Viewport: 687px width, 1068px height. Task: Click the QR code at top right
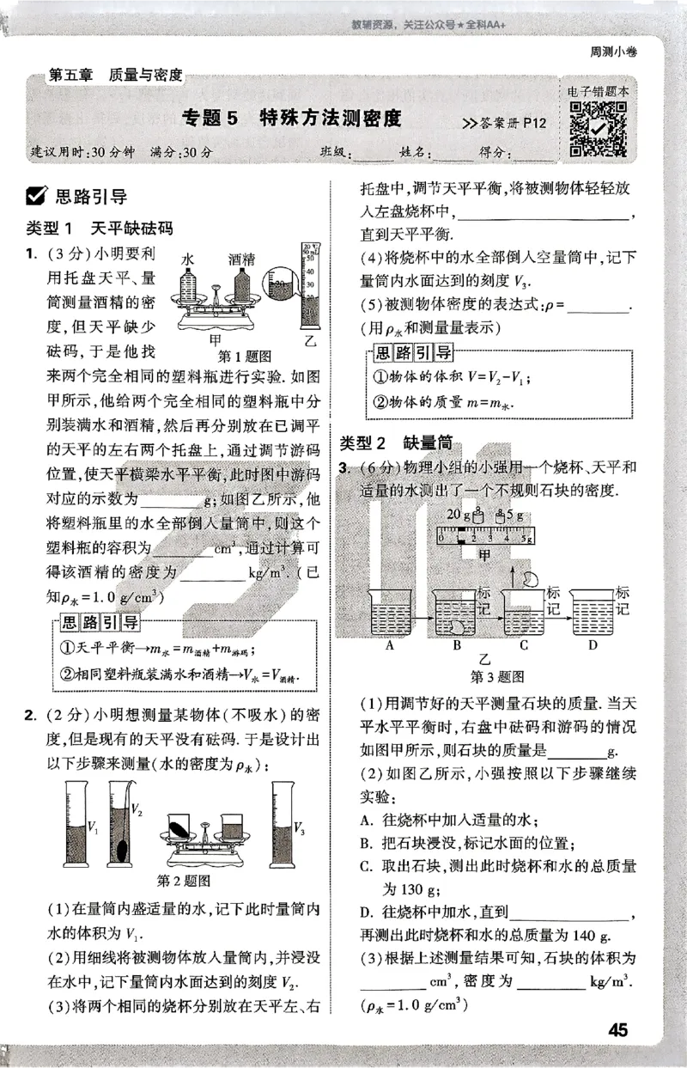click(x=598, y=130)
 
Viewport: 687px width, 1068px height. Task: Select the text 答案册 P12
click(x=505, y=123)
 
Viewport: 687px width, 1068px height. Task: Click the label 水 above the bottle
click(x=188, y=258)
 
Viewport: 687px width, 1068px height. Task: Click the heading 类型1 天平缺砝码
click(x=100, y=229)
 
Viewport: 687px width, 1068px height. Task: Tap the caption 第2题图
click(x=185, y=881)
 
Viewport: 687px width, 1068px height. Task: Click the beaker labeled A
click(x=390, y=614)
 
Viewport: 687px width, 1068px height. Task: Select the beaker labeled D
click(x=592, y=614)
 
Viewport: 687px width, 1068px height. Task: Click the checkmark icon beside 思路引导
click(x=38, y=197)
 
